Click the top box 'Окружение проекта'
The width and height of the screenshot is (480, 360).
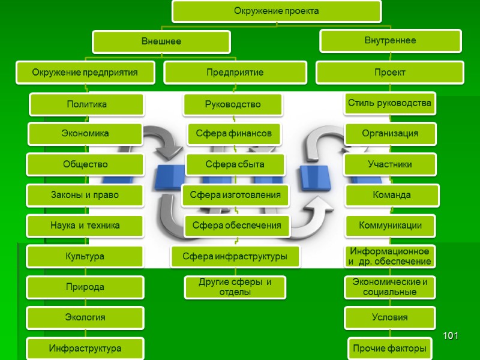click(276, 11)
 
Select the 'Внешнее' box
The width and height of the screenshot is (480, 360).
click(161, 42)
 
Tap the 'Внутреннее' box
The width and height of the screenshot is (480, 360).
click(390, 41)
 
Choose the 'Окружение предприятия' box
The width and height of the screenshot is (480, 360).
click(85, 73)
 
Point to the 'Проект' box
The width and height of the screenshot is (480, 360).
click(390, 73)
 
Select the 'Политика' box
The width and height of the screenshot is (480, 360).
click(86, 104)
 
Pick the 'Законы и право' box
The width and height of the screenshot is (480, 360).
click(85, 195)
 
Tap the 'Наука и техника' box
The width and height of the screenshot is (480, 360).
click(85, 226)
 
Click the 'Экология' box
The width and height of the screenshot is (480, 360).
click(85, 317)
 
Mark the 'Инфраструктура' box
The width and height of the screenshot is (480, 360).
click(85, 349)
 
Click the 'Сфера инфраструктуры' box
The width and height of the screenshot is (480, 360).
click(235, 257)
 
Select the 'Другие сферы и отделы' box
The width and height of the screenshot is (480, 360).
click(234, 287)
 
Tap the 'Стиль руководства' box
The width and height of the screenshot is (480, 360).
click(390, 103)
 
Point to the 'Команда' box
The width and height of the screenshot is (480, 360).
click(391, 195)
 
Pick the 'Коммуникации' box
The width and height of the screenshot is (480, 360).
click(390, 226)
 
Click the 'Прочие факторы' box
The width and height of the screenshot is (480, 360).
click(390, 348)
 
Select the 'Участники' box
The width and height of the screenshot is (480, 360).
click(390, 164)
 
